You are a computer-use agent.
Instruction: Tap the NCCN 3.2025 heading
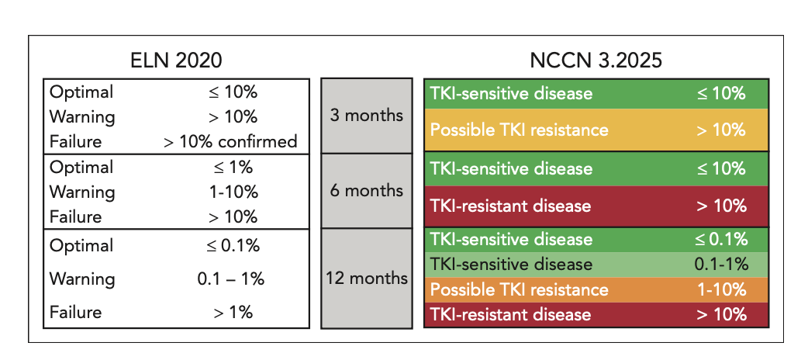coord(596,61)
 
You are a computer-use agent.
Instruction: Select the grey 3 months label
coord(366,116)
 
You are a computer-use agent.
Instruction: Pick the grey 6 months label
coord(366,190)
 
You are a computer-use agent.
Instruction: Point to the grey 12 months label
coord(366,278)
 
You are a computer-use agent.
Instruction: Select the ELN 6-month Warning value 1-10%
coord(230,192)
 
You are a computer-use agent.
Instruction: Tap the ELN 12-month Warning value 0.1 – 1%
coord(230,279)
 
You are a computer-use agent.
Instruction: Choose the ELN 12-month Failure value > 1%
coord(230,313)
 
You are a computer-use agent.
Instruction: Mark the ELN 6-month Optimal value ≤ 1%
coord(230,168)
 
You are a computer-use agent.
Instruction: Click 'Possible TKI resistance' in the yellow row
coord(519,130)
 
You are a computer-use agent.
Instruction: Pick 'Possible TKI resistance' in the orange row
coord(519,289)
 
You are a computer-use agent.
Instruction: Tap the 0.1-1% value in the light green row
coord(721,265)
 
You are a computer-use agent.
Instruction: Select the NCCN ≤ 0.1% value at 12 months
coord(721,239)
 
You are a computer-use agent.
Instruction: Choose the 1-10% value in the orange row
coord(721,289)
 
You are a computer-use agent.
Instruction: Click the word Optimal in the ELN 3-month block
coord(81,92)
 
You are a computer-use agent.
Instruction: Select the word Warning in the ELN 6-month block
coord(82,192)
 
